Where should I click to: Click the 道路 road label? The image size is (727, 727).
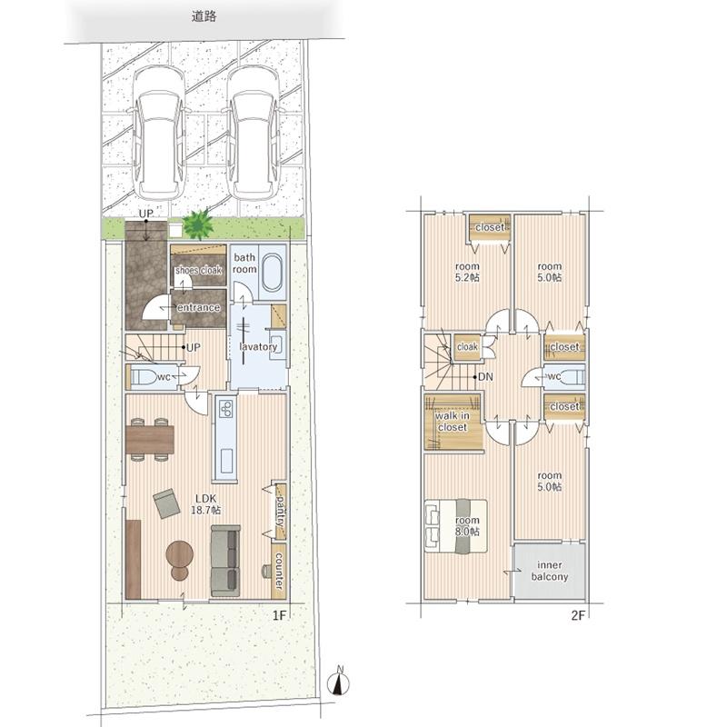click(x=204, y=16)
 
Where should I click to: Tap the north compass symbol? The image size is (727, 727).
click(x=338, y=682)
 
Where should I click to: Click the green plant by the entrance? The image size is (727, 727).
click(x=198, y=224)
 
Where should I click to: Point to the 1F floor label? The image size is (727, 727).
click(x=280, y=615)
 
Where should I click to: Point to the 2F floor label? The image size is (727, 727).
click(x=579, y=615)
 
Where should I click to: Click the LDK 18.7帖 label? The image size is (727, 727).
click(x=206, y=504)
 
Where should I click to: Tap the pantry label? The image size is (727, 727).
click(x=280, y=511)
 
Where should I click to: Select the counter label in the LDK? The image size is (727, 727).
click(x=279, y=571)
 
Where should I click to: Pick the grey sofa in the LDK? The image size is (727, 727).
click(x=225, y=561)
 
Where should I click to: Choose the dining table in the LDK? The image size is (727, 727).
click(x=150, y=439)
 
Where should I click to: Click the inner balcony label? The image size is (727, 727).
click(x=550, y=571)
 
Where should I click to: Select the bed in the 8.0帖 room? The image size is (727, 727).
click(x=456, y=526)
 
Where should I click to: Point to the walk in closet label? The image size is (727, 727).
click(x=452, y=422)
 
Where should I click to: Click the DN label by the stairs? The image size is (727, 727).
click(x=485, y=377)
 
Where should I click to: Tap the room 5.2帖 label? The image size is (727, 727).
click(x=467, y=272)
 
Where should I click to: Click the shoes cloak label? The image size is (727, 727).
click(x=198, y=270)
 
